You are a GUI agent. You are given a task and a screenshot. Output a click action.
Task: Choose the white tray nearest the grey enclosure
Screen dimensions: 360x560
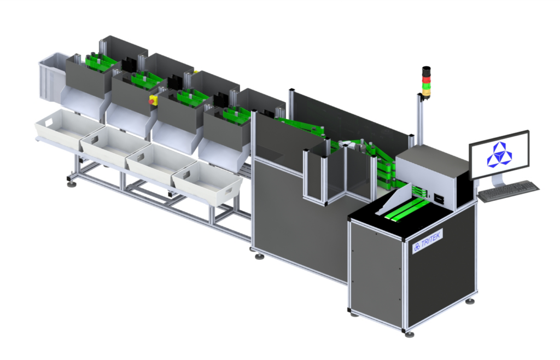[x=208, y=184]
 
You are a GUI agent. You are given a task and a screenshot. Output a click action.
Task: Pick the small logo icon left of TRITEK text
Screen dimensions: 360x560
[x=417, y=247]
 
